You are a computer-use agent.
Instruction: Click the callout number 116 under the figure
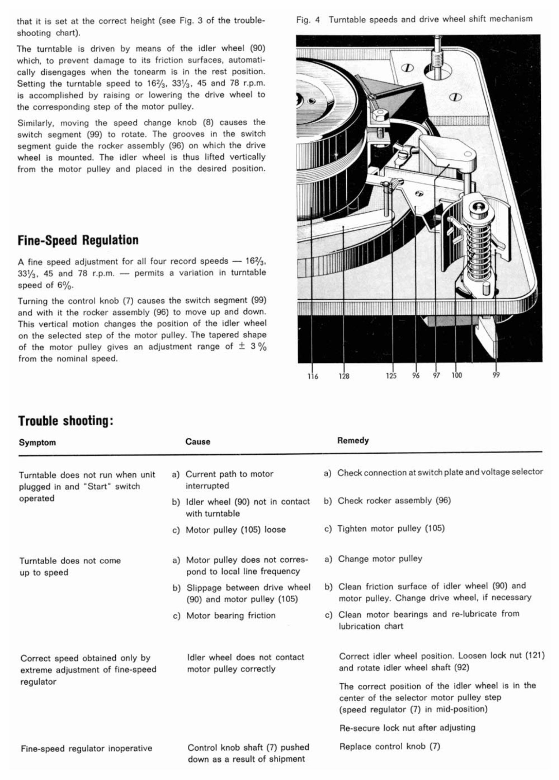coord(313,376)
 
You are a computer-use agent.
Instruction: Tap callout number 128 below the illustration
coord(344,376)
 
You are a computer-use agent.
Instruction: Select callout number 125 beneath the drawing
coord(391,376)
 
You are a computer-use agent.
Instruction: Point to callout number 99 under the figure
coord(496,375)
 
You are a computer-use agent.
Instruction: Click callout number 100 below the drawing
coord(456,375)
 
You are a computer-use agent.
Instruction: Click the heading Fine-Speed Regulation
coord(78,240)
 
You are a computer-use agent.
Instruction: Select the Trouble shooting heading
coord(66,421)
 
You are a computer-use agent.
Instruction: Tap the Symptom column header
coord(37,442)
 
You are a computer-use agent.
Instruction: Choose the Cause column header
coord(198,441)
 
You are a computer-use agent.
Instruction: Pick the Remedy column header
coord(353,440)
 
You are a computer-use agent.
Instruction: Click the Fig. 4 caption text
coord(414,19)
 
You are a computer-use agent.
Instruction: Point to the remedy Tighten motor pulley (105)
coord(391,528)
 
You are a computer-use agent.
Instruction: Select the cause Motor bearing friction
coord(231,616)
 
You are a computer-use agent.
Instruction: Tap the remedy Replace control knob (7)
coord(390,746)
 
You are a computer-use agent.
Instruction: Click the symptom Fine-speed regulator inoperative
coord(86,748)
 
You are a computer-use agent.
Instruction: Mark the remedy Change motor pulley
coord(380,559)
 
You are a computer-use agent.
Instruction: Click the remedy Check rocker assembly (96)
coord(394,500)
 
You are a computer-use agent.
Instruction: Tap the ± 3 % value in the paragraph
coord(252,347)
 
